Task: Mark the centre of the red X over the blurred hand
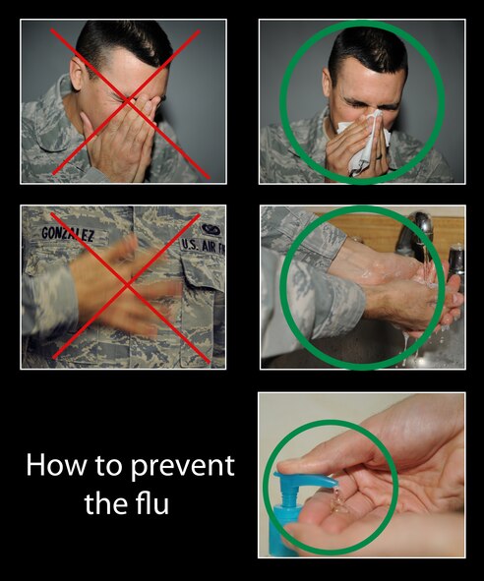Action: pos(123,286)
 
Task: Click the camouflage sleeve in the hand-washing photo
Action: pos(300,295)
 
